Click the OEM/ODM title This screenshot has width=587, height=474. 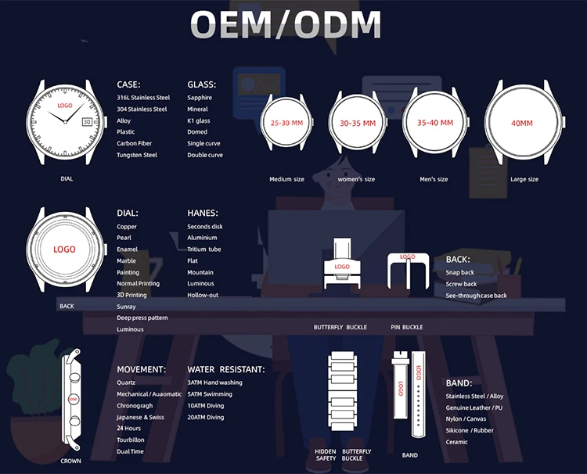(286, 25)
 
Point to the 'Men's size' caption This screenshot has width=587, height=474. (434, 179)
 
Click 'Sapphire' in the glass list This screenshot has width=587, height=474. (200, 98)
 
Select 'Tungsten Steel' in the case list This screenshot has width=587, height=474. (137, 155)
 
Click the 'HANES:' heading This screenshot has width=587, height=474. (203, 212)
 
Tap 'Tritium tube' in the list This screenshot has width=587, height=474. (204, 250)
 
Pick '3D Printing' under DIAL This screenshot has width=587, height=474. (131, 295)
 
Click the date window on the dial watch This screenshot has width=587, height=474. (87, 121)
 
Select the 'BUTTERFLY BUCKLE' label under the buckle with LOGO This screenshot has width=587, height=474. (340, 327)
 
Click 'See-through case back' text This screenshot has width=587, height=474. (477, 296)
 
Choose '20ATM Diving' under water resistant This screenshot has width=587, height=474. (206, 418)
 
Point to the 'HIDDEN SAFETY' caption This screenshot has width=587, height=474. (326, 454)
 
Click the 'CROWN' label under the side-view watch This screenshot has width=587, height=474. (70, 461)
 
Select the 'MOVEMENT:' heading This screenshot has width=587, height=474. (142, 369)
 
